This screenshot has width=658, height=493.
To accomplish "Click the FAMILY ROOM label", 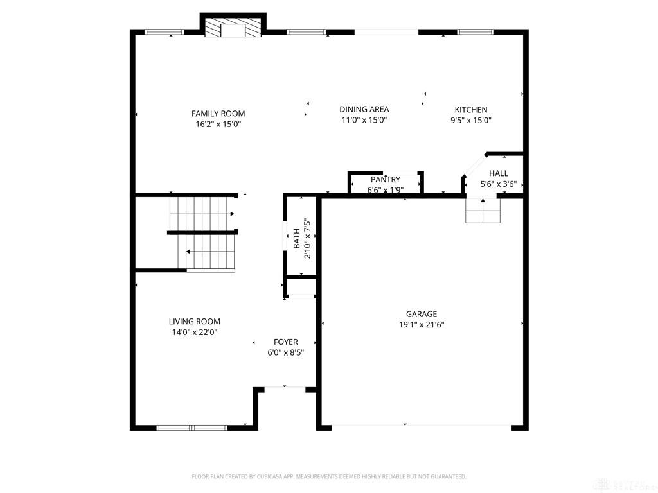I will coord(218,114).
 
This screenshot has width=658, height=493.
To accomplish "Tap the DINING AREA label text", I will coord(364,110).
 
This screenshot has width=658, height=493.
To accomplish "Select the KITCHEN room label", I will coord(470,110).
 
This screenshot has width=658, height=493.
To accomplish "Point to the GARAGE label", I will coord(421,314).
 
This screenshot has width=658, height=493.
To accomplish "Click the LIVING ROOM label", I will coord(194,322).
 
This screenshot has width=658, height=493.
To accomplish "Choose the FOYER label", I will coord(285,342).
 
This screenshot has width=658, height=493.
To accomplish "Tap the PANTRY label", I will coord(385,180).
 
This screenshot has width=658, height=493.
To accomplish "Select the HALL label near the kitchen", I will coord(498,173).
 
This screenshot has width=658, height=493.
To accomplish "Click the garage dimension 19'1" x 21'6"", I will coord(421,325).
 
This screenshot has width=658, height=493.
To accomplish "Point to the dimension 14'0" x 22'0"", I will coord(194,333).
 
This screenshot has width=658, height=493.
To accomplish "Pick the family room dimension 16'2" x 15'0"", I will coord(218,124).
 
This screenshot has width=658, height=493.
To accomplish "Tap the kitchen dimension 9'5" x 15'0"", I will coord(470,120).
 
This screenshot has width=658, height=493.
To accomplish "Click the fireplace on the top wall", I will coord(233,28).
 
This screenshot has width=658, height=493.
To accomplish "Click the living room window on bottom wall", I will coord(191,427).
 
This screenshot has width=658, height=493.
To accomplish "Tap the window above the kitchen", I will coord(475,31).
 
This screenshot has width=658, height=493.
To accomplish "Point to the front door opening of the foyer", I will coord(285,388).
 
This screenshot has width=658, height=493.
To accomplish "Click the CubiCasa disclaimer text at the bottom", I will coord(328,476).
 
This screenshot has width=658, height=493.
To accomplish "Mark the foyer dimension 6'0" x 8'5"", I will coord(285,352).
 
